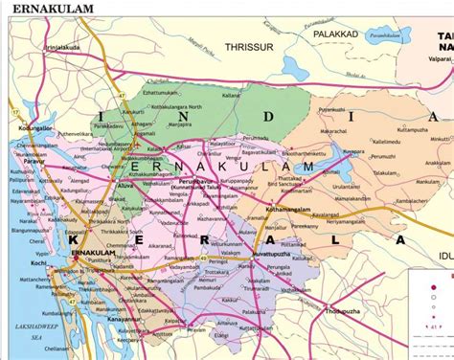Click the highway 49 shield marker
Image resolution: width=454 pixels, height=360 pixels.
(x=203, y=257)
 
